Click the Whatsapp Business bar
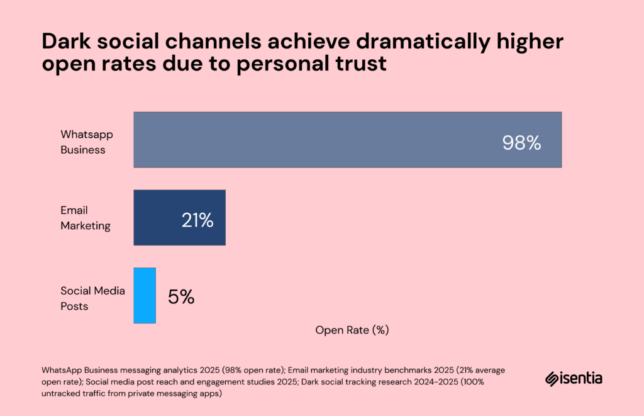pos(347,140)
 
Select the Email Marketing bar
pos(179,218)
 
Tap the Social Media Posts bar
pos(145,296)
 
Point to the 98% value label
pos(521,143)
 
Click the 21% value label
pos(197,221)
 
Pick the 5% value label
pos(181,297)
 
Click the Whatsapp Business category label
pos(82,142)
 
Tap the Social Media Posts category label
pos(92,298)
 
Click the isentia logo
pos(574,379)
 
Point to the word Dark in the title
pos(64,43)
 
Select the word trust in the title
pos(358,64)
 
